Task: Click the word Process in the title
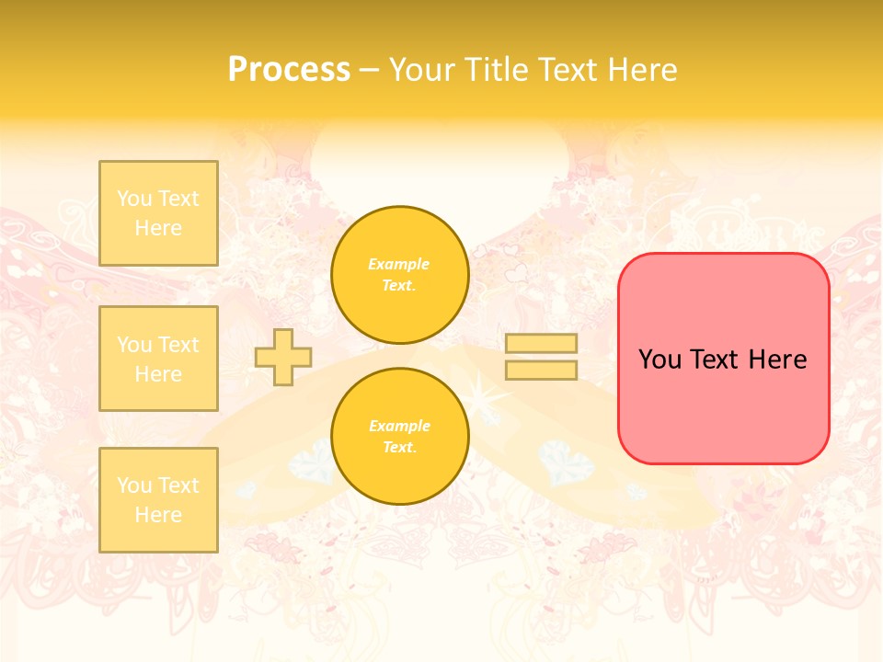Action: click(x=289, y=70)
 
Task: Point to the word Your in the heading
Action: click(x=423, y=70)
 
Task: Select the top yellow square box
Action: click(x=158, y=213)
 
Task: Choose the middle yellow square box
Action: click(x=158, y=359)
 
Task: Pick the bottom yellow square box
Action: click(x=158, y=500)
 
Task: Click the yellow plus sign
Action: click(x=283, y=357)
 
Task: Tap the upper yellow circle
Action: click(x=400, y=275)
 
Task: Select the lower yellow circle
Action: click(x=400, y=437)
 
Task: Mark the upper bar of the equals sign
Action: click(x=541, y=344)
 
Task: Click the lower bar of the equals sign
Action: click(x=541, y=370)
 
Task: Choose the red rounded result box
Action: click(x=723, y=359)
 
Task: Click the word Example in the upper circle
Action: click(x=399, y=264)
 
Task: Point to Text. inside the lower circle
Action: click(x=399, y=447)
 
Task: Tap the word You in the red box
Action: click(x=660, y=360)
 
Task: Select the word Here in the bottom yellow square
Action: click(x=158, y=515)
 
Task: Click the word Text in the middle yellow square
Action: click(x=178, y=345)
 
